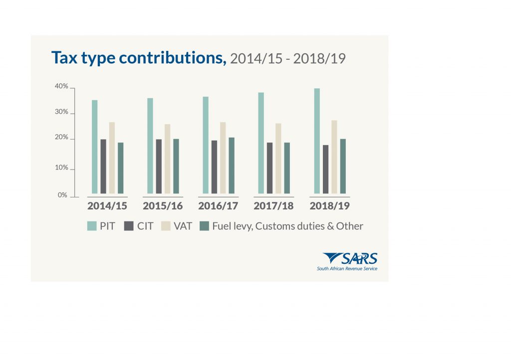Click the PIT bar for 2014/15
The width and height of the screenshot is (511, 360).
pos(94,147)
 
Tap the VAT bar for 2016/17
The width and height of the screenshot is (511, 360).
pos(223,158)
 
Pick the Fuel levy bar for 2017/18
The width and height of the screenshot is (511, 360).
pos(287,168)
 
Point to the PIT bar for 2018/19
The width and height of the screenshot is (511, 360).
pos(317,141)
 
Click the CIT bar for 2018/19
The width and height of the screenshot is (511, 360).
pos(325,169)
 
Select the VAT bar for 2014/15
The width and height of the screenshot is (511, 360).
pos(112,158)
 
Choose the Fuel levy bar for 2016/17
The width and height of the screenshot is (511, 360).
pos(231,165)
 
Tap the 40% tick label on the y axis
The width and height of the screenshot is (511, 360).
pos(61,87)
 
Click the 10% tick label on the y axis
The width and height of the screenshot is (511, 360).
pos(61,168)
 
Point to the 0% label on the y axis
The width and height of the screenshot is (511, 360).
pos(62,195)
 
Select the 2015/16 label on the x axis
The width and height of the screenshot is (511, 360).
pos(163,206)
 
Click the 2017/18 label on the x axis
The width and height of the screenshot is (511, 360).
pos(273,206)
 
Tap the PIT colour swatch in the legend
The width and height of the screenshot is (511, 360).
pos(92,226)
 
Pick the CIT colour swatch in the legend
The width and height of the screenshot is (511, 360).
pos(129,226)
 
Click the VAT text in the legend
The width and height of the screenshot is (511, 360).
pos(183,226)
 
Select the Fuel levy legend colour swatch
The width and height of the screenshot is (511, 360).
pos(204,226)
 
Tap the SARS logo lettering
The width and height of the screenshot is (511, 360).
pos(359,259)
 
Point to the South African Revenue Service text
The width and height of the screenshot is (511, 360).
pos(347,269)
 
